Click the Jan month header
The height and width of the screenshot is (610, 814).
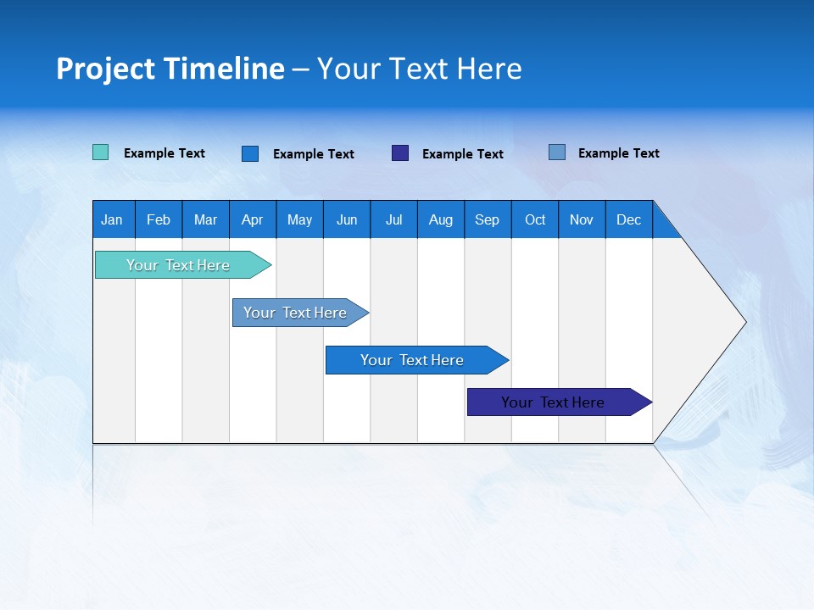(x=113, y=219)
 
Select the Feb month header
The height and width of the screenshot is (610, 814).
(x=159, y=219)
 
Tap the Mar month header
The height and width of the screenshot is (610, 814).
(x=205, y=219)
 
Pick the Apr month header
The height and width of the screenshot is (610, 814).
(x=253, y=219)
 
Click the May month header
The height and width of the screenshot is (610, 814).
(x=299, y=219)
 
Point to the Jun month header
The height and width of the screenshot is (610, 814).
(x=347, y=219)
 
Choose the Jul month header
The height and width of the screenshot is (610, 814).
(x=393, y=219)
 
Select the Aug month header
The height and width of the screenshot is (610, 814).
(x=441, y=219)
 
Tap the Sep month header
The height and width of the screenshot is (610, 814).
(x=488, y=219)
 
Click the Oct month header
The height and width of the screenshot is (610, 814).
(x=535, y=219)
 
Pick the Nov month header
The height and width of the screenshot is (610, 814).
(x=582, y=219)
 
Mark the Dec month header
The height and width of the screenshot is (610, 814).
(x=629, y=219)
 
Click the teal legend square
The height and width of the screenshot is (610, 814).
(x=100, y=152)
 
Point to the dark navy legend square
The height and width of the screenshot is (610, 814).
(x=400, y=152)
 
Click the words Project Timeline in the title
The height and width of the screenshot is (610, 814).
(x=170, y=69)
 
